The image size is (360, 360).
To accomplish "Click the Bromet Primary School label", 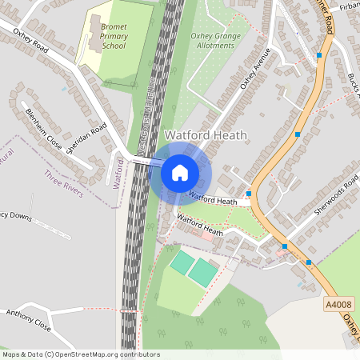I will pyautogui.click(x=114, y=36).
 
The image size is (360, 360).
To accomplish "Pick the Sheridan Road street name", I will pyautogui.click(x=87, y=140).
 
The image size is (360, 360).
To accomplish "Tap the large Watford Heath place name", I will pyautogui.click(x=206, y=135).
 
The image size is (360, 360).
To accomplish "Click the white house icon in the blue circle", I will pyautogui.click(x=180, y=172).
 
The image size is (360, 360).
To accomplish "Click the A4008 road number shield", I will pyautogui.click(x=338, y=305).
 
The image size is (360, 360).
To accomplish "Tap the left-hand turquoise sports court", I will pyautogui.click(x=182, y=261).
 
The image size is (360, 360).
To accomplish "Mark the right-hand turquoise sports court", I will pyautogui.click(x=202, y=273).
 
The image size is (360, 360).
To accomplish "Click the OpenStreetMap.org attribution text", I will pyautogui.click(x=80, y=354).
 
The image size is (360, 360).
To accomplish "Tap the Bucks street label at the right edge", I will pyautogui.click(x=353, y=81).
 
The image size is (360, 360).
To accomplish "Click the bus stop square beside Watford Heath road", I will pyautogui.click(x=249, y=194).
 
